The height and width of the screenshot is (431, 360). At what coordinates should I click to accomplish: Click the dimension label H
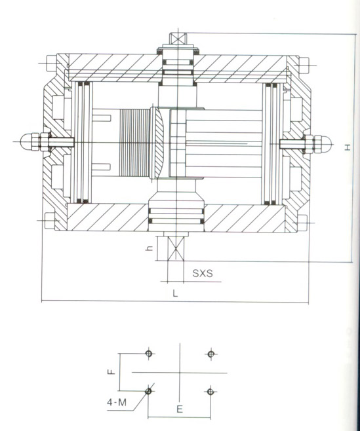(x=348, y=147)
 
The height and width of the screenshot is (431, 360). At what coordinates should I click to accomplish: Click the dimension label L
(x=175, y=293)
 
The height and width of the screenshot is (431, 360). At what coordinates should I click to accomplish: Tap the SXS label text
(x=203, y=273)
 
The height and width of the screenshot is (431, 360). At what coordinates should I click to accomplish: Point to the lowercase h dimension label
(x=150, y=248)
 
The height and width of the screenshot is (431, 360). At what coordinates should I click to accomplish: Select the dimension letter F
(x=111, y=372)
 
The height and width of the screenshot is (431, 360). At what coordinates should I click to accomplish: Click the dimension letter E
(x=180, y=409)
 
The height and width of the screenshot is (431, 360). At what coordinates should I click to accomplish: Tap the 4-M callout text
(x=117, y=402)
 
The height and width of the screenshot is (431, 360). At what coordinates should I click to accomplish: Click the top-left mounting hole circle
(x=149, y=353)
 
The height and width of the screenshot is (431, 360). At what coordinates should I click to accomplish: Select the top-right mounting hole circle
(x=211, y=354)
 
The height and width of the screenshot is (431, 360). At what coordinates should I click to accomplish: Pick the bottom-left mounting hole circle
(x=148, y=391)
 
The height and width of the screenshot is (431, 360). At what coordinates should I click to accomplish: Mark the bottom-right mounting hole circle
(x=210, y=392)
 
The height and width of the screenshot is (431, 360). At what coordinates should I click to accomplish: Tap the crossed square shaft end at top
(x=178, y=39)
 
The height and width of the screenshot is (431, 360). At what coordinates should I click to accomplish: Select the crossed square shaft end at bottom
(x=176, y=248)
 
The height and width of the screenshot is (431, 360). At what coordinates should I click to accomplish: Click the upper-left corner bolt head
(x=51, y=64)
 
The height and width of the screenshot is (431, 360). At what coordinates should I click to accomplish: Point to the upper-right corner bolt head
(x=304, y=66)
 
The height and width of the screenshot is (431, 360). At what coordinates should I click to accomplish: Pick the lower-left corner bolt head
(x=50, y=220)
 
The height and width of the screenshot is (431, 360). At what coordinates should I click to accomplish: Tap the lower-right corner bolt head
(x=302, y=222)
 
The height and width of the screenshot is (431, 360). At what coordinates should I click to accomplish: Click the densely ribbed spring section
(x=134, y=143)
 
